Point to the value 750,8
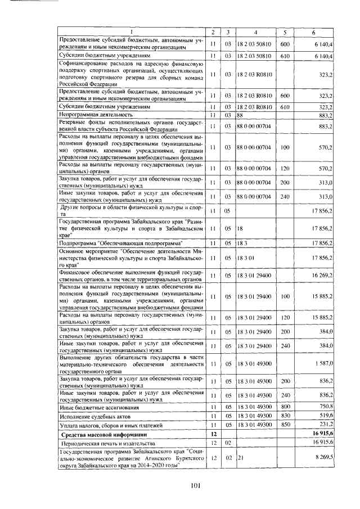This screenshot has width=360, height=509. [x=326, y=407]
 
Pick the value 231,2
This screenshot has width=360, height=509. [x=326, y=425]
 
